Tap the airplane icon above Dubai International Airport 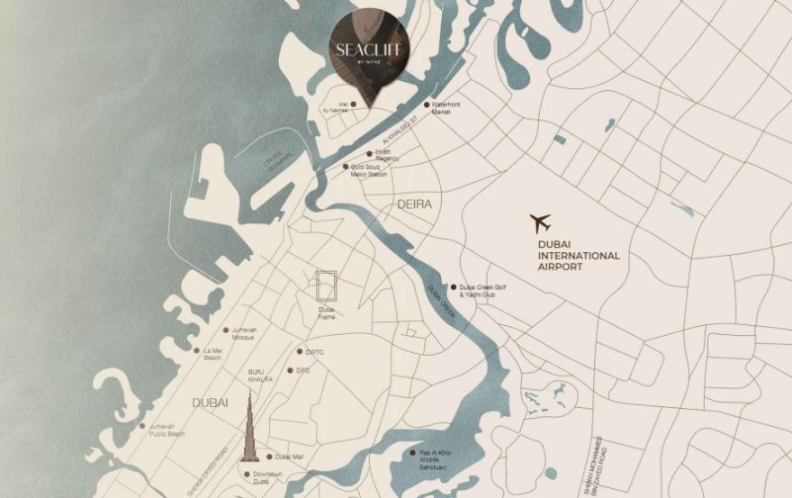(x=540, y=222)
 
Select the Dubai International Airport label (x=578, y=255)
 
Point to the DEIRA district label (x=415, y=204)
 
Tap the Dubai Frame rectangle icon (x=326, y=286)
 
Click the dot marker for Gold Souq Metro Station (x=345, y=167)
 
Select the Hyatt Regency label (x=382, y=156)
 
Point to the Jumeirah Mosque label (x=244, y=333)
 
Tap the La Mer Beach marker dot (x=196, y=350)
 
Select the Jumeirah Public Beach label (x=166, y=430)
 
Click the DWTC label (x=314, y=352)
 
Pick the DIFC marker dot (x=289, y=370)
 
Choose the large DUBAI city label (x=210, y=402)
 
